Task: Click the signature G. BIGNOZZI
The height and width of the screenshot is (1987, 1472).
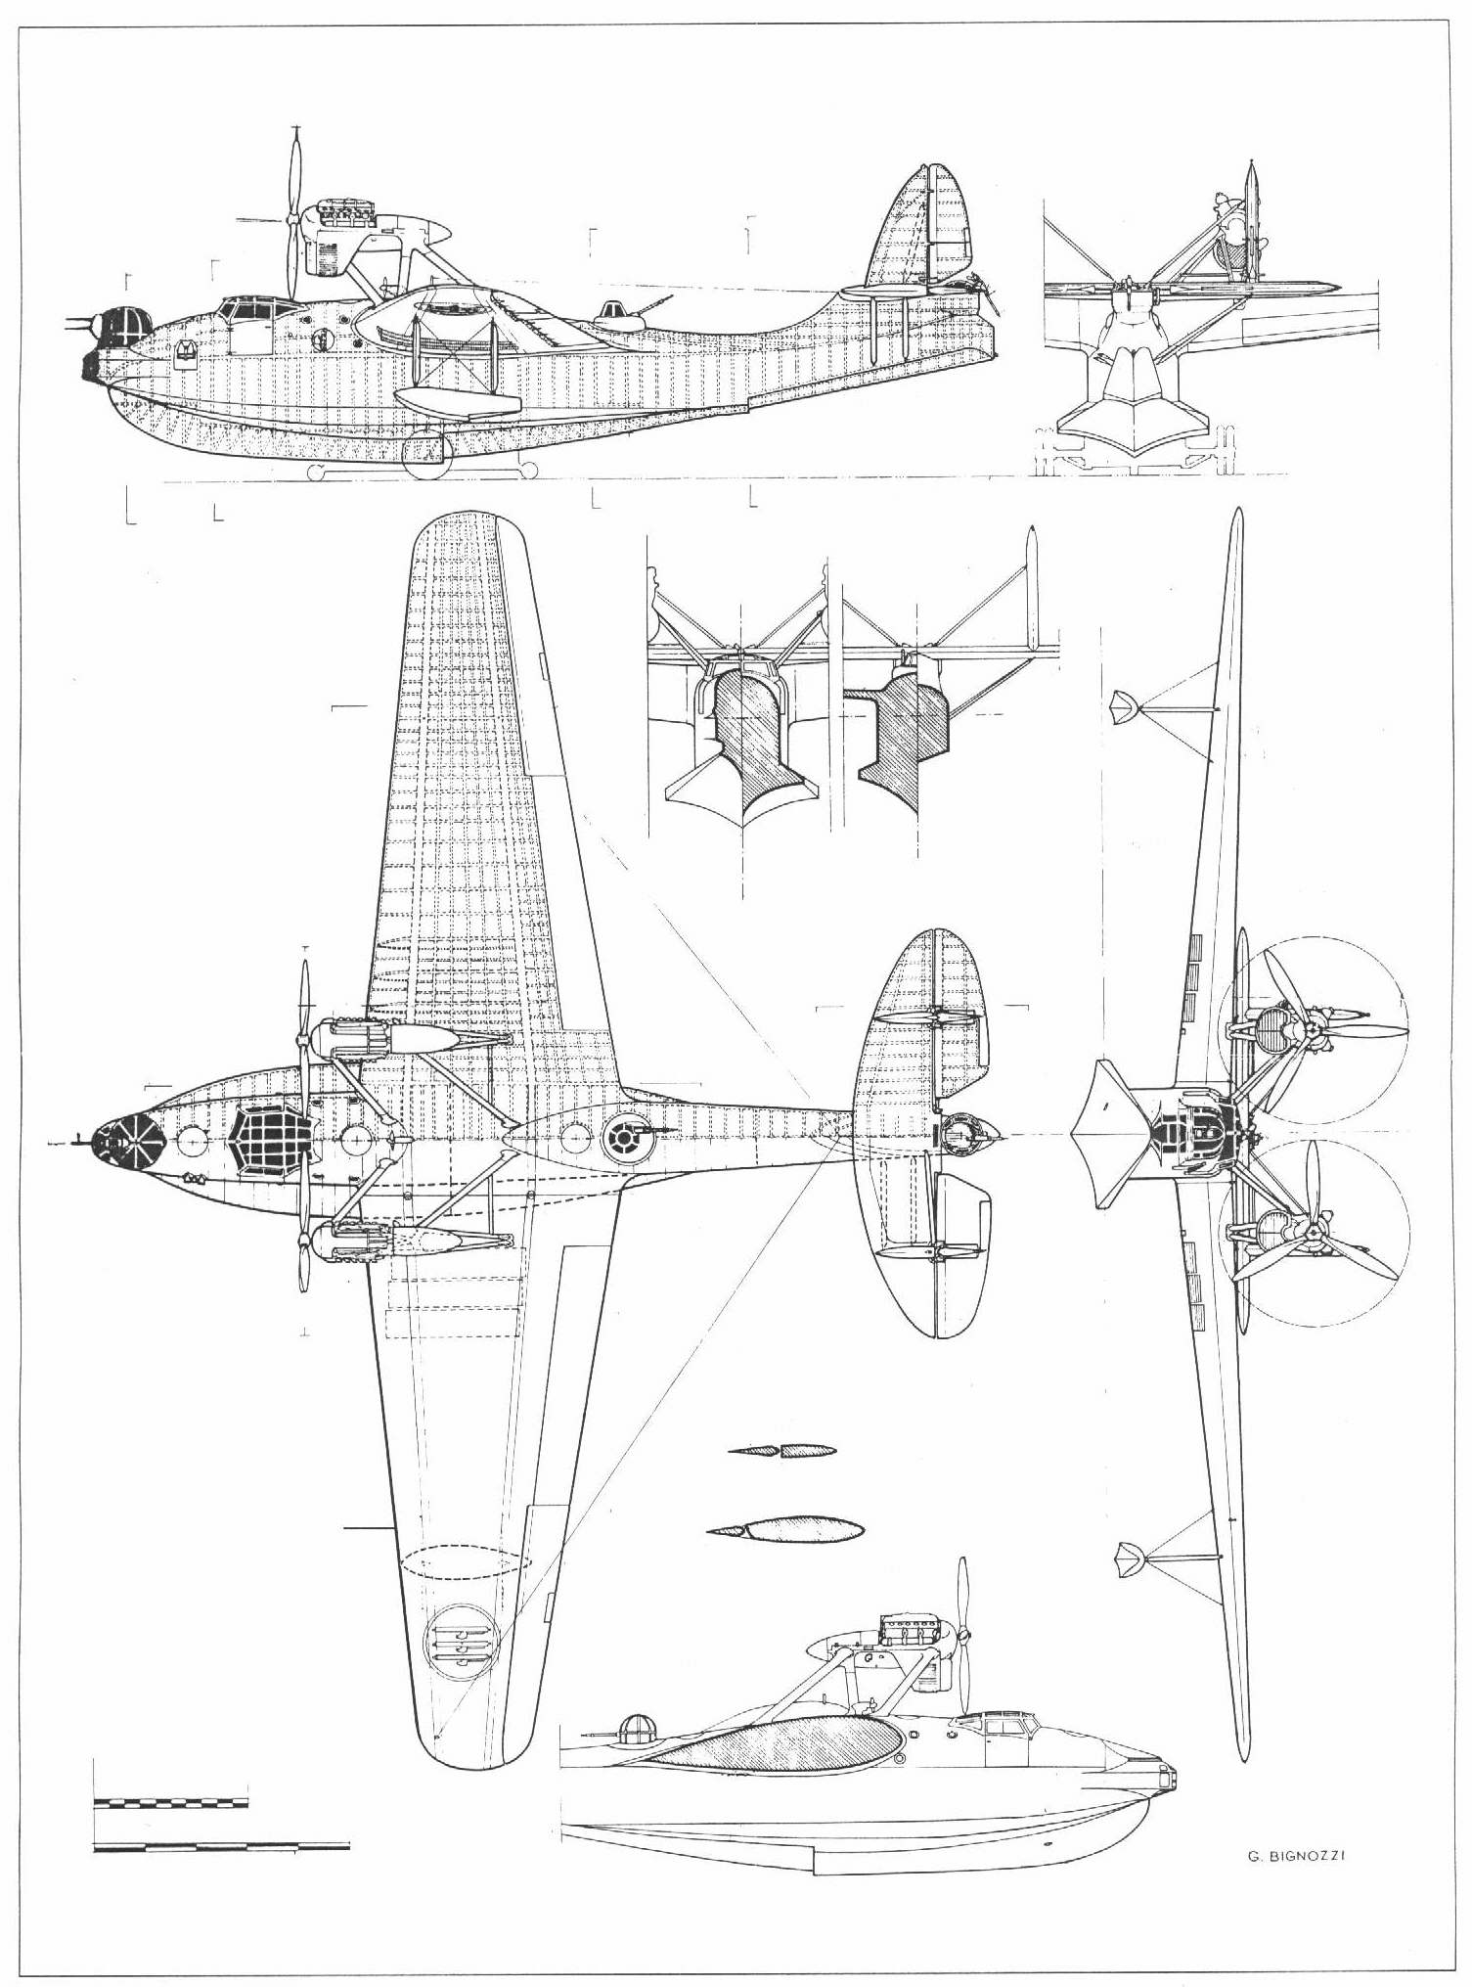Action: (1296, 1856)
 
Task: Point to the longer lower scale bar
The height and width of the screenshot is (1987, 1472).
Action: (222, 1846)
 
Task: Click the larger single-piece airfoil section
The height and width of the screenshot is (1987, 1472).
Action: (785, 1528)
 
